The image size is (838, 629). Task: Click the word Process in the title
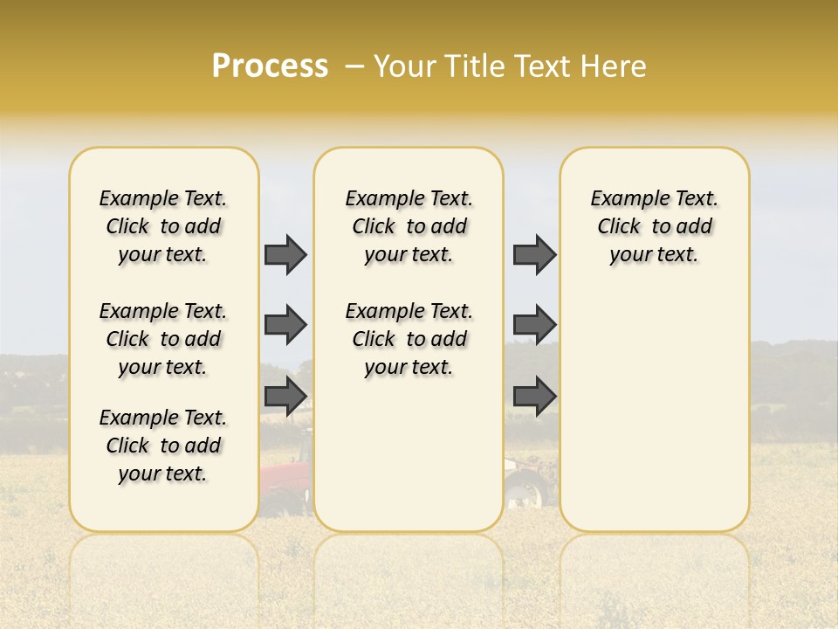click(x=270, y=66)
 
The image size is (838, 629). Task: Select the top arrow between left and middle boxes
click(x=285, y=254)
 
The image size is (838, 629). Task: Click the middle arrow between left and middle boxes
click(x=285, y=325)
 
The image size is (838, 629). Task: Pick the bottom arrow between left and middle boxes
click(x=285, y=397)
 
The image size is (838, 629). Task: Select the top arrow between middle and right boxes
click(x=534, y=254)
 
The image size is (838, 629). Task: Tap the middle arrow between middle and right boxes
click(x=534, y=325)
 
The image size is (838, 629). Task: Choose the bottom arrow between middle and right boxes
click(x=534, y=397)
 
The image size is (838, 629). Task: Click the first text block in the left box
click(x=163, y=226)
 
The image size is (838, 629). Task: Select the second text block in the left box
click(x=163, y=339)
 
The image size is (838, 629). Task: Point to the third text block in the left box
click(x=163, y=446)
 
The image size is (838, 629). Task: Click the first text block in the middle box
click(x=409, y=226)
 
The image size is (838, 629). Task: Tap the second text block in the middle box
click(x=409, y=339)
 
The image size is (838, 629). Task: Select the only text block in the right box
click(x=655, y=226)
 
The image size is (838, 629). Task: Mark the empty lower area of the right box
click(x=655, y=411)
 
